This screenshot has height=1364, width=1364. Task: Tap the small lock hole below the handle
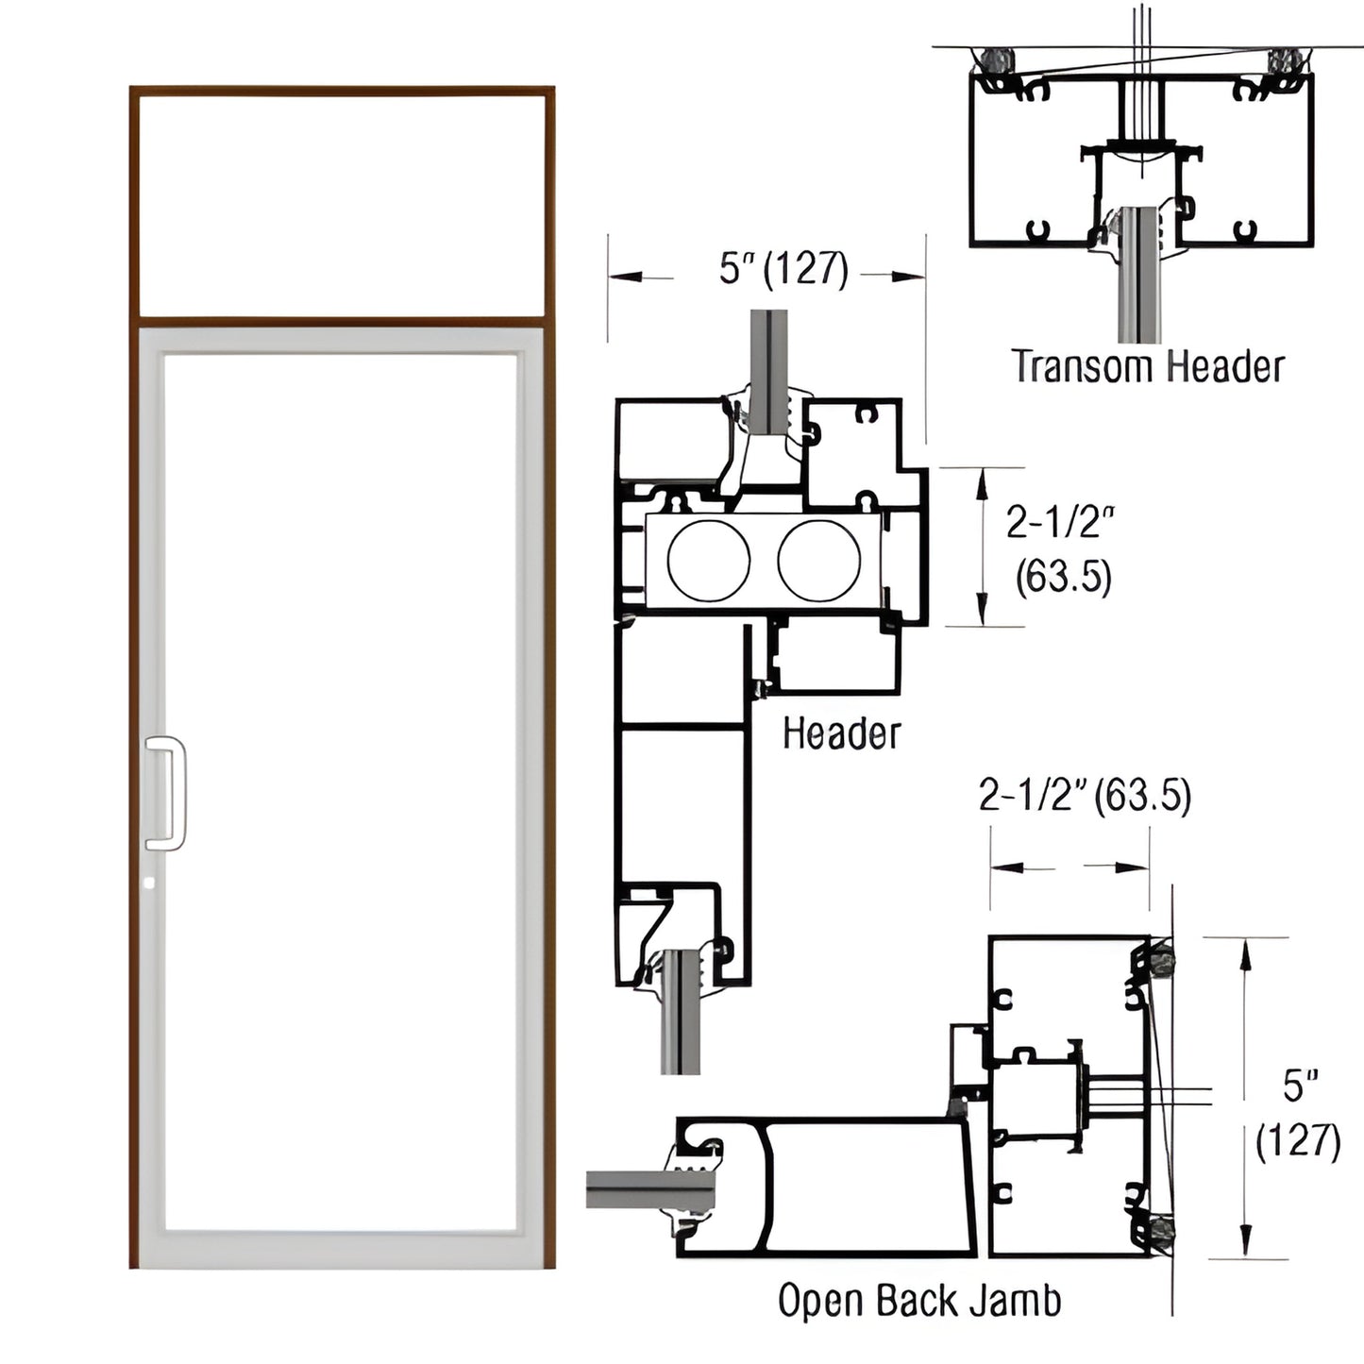point(150,884)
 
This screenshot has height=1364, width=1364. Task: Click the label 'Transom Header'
point(1148,366)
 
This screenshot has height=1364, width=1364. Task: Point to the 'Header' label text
point(841,733)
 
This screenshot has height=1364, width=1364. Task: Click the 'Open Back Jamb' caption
point(918,1301)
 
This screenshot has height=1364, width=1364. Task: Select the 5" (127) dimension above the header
point(783,270)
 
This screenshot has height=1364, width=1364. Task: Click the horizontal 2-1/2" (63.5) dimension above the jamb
point(1085,797)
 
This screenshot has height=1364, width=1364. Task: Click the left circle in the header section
point(709,560)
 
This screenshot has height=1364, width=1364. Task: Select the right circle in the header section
point(818,560)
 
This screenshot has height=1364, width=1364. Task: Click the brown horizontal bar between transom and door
point(342,321)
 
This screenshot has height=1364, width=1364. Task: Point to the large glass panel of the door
point(342,793)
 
